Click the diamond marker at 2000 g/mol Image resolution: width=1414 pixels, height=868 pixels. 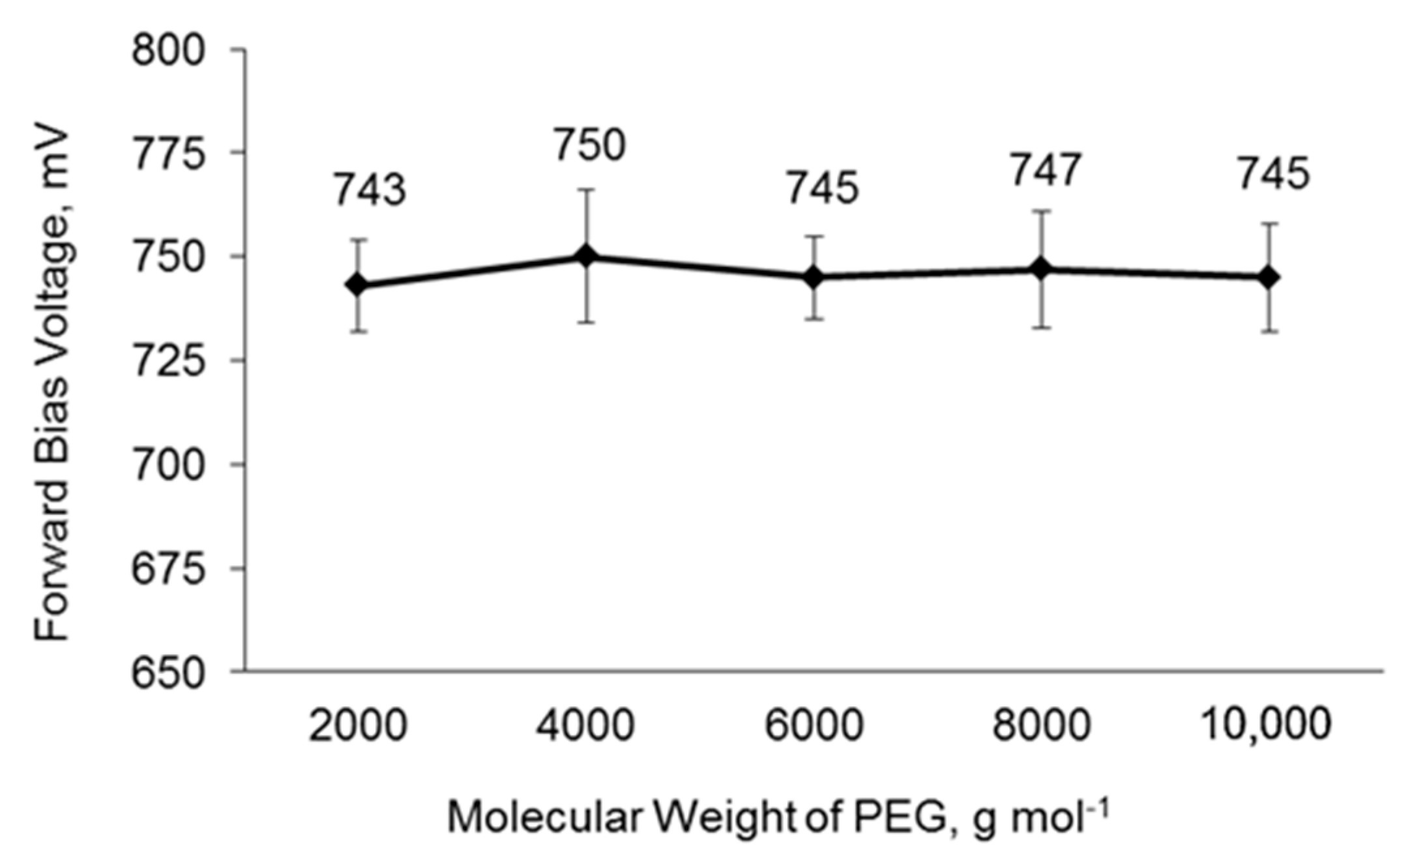357,285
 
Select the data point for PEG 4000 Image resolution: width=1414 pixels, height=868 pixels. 586,256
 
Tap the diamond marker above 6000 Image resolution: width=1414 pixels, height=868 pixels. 814,277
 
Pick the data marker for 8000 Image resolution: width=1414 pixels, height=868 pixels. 1042,268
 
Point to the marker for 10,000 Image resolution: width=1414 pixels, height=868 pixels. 1269,277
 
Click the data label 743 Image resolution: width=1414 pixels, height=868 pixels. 370,191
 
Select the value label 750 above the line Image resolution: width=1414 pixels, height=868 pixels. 590,145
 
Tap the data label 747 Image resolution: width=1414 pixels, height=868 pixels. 1046,171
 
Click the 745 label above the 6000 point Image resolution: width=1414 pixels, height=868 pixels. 822,188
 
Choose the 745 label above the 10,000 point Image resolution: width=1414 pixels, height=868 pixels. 1273,175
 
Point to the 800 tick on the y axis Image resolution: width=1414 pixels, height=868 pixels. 169,50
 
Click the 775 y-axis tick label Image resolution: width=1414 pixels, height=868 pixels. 169,154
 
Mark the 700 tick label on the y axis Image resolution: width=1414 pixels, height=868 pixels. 169,465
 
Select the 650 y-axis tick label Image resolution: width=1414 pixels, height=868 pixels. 169,673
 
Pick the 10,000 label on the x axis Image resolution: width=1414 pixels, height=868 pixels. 1265,725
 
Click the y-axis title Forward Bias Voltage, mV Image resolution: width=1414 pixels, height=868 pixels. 52,384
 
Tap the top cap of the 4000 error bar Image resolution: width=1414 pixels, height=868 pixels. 586,190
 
